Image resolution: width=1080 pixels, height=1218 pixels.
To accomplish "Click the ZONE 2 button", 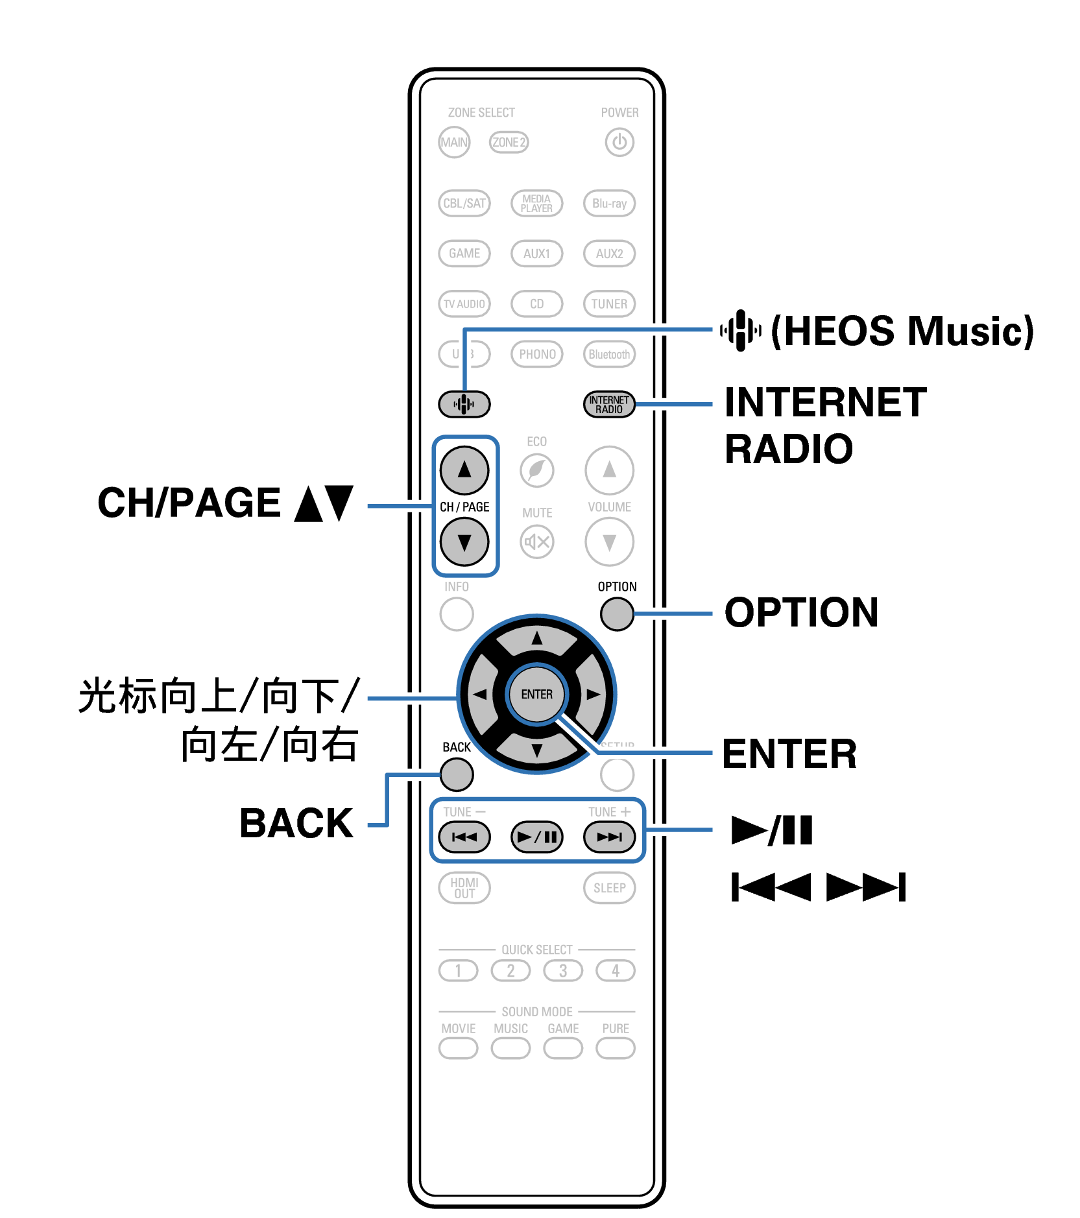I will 509,142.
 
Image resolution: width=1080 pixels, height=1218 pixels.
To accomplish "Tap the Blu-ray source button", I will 609,203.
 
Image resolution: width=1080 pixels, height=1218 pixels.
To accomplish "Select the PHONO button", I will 536,354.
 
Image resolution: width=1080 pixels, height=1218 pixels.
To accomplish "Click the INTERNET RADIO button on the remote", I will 609,404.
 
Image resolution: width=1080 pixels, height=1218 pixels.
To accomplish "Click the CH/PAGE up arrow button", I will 464,470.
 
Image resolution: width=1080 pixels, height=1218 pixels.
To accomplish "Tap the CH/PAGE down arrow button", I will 464,542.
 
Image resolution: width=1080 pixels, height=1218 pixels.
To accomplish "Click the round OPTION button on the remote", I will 617,614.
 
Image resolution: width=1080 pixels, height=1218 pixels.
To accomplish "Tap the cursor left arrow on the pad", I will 479,695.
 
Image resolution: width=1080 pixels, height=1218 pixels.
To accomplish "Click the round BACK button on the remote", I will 457,774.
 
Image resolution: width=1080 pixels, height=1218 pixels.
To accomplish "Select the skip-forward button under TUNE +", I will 609,837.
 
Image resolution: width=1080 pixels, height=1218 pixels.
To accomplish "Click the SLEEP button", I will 609,888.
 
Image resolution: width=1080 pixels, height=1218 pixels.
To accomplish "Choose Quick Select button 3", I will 563,971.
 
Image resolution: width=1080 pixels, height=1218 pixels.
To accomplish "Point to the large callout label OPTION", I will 801,613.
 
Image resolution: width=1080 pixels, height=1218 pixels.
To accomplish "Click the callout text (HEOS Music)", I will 902,331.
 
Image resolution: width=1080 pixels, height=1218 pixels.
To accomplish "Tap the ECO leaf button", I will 536,470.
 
